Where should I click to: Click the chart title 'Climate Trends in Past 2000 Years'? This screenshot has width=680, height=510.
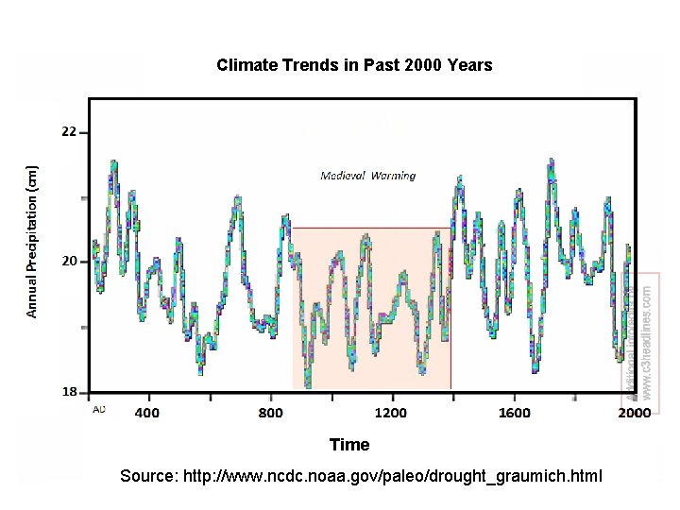tap(354, 65)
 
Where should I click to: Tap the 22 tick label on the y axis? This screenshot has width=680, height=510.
tap(69, 132)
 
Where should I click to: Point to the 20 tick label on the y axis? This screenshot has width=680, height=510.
tap(69, 261)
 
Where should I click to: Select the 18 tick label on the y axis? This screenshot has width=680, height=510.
tap(69, 391)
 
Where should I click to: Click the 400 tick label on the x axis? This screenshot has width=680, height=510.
tap(146, 413)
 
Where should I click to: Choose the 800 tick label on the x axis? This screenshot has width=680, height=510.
tap(270, 413)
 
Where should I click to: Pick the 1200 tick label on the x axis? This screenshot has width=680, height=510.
tap(391, 413)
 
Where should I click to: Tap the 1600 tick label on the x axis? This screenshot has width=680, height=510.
tap(515, 413)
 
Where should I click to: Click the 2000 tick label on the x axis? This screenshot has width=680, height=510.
tap(634, 413)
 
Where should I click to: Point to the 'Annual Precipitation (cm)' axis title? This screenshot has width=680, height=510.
tap(32, 242)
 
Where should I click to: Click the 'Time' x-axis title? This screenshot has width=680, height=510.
tap(349, 444)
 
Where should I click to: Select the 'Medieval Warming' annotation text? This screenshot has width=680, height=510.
tap(367, 176)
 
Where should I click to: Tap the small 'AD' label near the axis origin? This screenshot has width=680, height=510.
tap(98, 410)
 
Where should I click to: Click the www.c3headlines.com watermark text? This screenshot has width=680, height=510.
tap(647, 341)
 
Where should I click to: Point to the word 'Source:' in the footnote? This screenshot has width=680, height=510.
tap(147, 476)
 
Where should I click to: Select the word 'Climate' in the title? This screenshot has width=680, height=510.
tap(246, 65)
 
